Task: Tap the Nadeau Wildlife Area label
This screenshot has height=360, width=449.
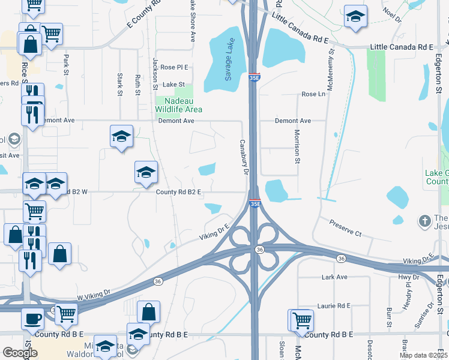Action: [x=178, y=106]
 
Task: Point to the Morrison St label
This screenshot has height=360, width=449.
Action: [x=297, y=146]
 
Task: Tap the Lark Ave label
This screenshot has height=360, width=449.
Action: [x=334, y=277]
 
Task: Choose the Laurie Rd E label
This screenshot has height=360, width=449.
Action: [x=334, y=306]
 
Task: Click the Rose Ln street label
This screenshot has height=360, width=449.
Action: [x=313, y=94]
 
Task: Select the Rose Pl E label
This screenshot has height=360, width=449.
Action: [x=174, y=67]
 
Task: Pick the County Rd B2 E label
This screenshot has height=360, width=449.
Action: [x=178, y=192]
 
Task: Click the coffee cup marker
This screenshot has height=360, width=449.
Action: [x=33, y=318]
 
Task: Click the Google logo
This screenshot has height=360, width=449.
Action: [x=20, y=353]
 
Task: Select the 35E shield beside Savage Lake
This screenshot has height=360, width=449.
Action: [x=254, y=77]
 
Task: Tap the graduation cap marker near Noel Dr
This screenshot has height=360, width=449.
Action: [x=355, y=17]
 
